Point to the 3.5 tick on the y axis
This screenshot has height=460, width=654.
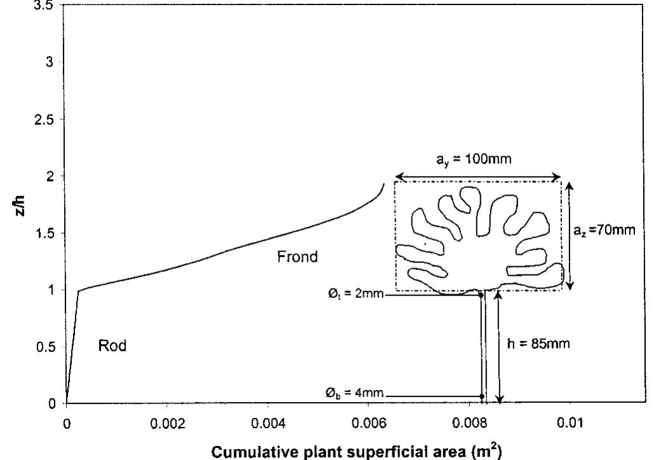tap(47, 4)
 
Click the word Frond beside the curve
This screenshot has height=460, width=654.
tap(297, 257)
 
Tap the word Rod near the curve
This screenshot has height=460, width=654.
tap(112, 346)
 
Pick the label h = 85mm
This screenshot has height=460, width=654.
tap(541, 344)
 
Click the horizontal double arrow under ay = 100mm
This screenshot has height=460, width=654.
tap(477, 177)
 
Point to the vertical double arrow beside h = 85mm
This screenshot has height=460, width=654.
tap(500, 347)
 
